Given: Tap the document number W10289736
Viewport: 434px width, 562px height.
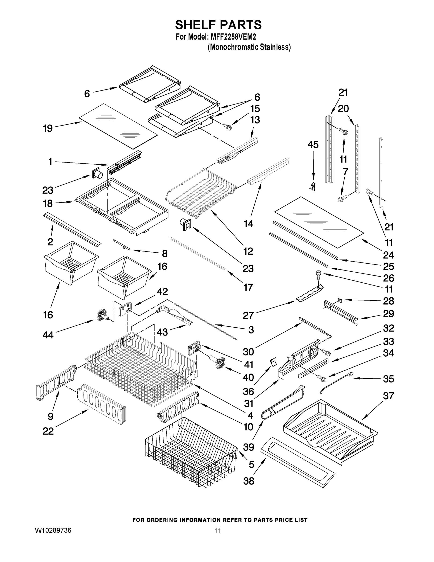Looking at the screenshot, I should (53, 530).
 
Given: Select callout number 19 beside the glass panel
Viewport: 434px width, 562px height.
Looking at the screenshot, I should (48, 128).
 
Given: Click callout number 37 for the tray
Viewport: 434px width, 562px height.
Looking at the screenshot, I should (388, 396).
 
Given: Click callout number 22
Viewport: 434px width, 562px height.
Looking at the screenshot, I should (48, 431).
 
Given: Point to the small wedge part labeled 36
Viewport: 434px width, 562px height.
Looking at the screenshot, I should (273, 362).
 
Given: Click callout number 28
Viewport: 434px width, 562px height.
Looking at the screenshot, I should (388, 301).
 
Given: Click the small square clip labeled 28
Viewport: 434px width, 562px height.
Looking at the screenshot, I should (340, 299).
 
